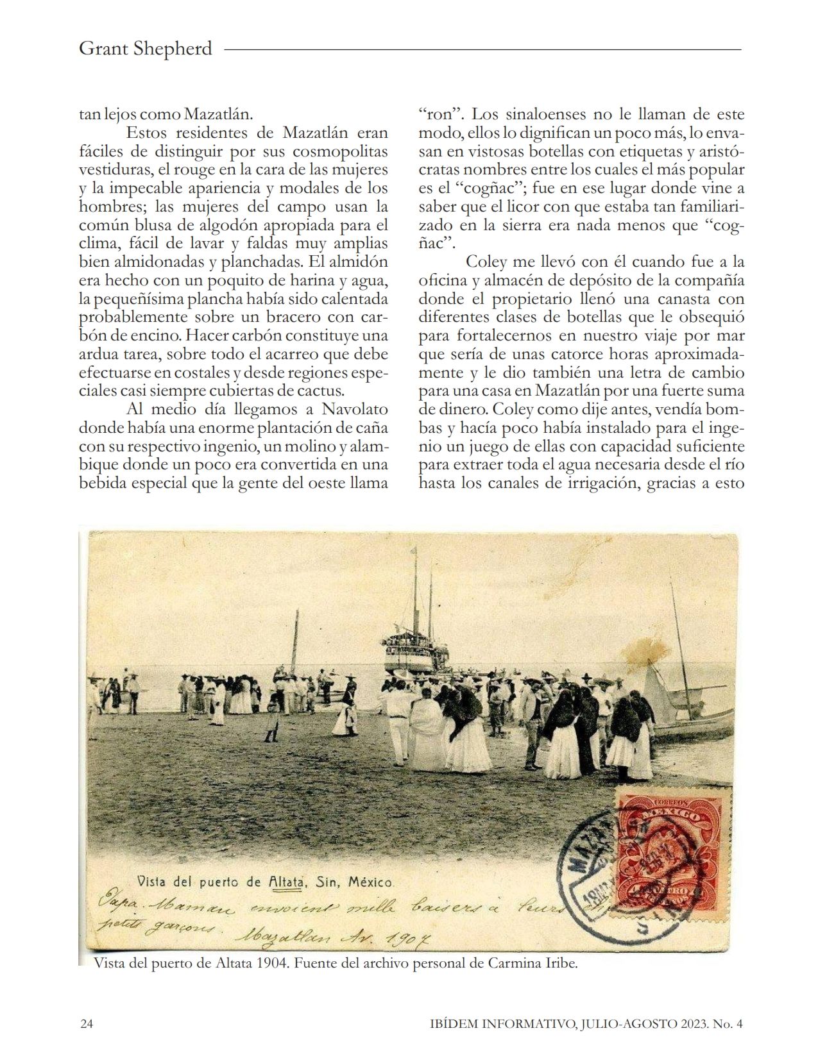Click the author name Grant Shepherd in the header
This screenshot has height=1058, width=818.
(x=145, y=49)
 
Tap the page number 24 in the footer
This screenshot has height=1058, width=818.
(x=86, y=1023)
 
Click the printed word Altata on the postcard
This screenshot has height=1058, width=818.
(x=285, y=882)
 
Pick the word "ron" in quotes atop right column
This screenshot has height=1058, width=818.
(x=441, y=115)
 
